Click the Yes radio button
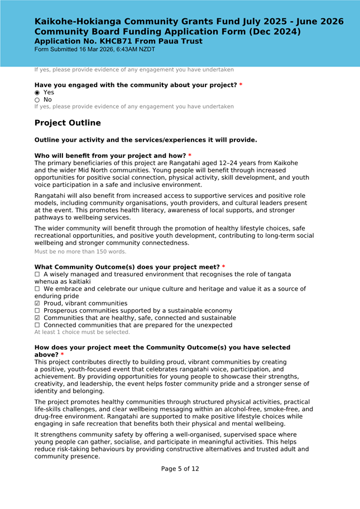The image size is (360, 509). pos(37,93)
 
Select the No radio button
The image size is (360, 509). pos(37,100)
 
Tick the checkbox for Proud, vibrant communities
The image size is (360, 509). pos(37,304)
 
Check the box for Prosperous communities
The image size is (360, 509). pos(37,311)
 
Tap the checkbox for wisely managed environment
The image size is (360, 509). pos(37,275)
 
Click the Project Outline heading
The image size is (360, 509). pos(68,123)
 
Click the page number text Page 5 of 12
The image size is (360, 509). pos(180,469)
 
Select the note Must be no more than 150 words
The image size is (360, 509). pos(80,252)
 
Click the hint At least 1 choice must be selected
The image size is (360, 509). pos(82,332)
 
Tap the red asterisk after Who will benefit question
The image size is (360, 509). pos(190,155)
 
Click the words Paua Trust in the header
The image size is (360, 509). pos(180,41)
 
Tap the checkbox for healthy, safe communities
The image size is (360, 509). pos(37,318)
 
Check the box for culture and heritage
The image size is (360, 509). pos(37,289)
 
